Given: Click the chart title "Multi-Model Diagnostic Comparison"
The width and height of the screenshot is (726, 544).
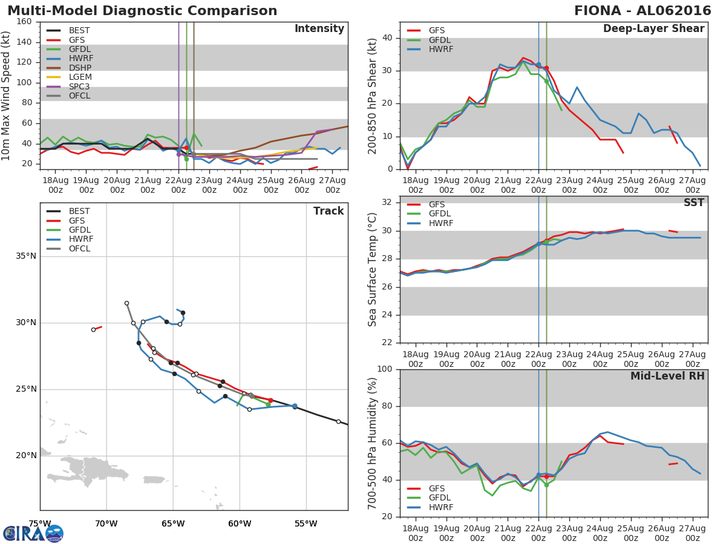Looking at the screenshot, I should coord(142,11).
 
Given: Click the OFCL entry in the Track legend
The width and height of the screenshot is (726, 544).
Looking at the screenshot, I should coord(79,249).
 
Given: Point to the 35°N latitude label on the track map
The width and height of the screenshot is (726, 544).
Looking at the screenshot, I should coord(25,256).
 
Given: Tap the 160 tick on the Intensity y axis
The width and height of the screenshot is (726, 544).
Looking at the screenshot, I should coord(24,22).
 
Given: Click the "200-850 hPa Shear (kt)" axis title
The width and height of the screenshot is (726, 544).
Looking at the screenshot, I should coord(373,96).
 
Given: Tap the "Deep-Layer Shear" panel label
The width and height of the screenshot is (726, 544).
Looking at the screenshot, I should coord(653,29).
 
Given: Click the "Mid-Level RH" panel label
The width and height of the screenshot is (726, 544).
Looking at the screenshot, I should coord(667,377).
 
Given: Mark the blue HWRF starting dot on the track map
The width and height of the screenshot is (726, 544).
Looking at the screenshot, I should coord(295,406).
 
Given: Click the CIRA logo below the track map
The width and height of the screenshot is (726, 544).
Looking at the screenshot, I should coord(33,534).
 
